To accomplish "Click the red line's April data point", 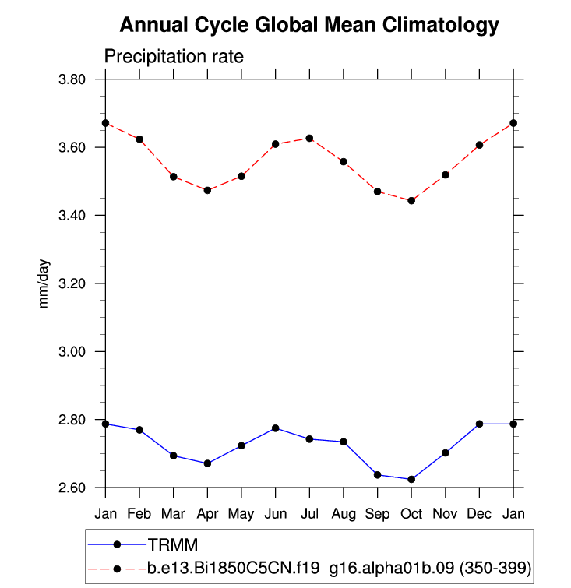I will pyautogui.click(x=207, y=190).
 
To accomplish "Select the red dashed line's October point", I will pyautogui.click(x=411, y=200).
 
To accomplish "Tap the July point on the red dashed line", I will pyautogui.click(x=309, y=138).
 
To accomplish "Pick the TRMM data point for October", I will pyautogui.click(x=411, y=479).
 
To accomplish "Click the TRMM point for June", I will pyautogui.click(x=275, y=428).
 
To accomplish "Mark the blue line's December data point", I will pyautogui.click(x=479, y=424).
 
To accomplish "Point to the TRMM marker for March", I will pyautogui.click(x=173, y=456).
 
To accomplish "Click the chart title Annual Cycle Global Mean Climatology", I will pyautogui.click(x=308, y=26).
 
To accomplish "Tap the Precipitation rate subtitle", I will pyautogui.click(x=174, y=56).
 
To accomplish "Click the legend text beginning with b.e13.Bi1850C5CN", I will pyautogui.click(x=340, y=569).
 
